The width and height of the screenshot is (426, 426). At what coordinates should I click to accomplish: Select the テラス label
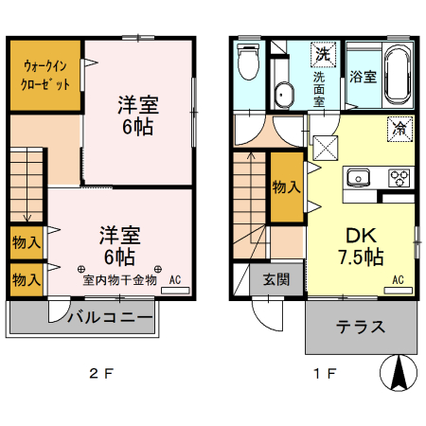click(x=361, y=328)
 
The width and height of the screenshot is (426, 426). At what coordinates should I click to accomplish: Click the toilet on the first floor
click(x=249, y=65)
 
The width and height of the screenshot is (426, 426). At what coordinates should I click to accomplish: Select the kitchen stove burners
click(x=399, y=177)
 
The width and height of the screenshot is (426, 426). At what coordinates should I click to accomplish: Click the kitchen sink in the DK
click(x=361, y=177)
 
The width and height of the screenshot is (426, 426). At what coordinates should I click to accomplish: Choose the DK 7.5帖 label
click(x=360, y=245)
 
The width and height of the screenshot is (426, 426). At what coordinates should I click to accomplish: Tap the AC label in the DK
click(x=399, y=280)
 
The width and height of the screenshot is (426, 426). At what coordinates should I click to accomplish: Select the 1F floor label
click(x=325, y=373)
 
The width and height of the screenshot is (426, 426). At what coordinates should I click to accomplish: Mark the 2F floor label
click(x=100, y=373)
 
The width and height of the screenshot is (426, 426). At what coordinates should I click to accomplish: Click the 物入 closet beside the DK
click(x=286, y=186)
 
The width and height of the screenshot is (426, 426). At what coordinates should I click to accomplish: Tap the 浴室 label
click(x=364, y=78)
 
